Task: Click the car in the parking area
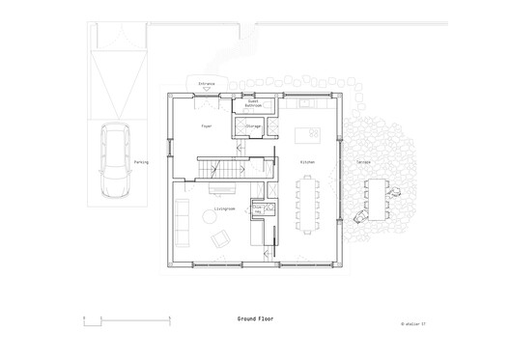[x=114, y=162]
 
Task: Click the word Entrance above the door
[x=207, y=84]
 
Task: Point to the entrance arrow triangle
[x=207, y=90]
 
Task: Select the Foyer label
[x=206, y=126]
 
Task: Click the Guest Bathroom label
[x=253, y=102]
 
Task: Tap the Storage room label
[x=253, y=125]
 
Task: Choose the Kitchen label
[x=308, y=162]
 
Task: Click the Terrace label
[x=363, y=162]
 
